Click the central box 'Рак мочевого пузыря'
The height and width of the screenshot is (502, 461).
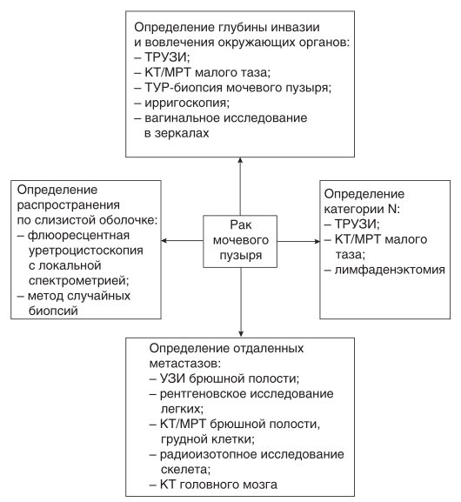240,241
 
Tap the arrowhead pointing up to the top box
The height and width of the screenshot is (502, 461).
240,160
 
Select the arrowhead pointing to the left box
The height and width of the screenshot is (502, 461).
164,240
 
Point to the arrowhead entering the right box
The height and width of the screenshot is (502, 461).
316,241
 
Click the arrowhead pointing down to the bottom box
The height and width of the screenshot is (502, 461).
241,334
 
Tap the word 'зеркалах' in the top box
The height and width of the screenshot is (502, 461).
182,133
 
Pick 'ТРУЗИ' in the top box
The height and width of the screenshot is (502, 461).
166,57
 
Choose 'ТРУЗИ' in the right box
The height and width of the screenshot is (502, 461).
356,224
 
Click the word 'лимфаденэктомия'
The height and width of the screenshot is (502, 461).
390,270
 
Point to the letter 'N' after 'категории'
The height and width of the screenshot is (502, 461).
392,209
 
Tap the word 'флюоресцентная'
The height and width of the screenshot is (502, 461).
79,235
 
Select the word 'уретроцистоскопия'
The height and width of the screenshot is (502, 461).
86,251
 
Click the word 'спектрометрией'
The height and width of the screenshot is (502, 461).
77,281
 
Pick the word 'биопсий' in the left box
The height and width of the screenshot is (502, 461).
53,311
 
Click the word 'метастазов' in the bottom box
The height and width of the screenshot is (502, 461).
184,364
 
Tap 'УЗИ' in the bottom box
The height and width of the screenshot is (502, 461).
172,378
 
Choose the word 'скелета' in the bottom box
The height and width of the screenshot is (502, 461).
184,470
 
